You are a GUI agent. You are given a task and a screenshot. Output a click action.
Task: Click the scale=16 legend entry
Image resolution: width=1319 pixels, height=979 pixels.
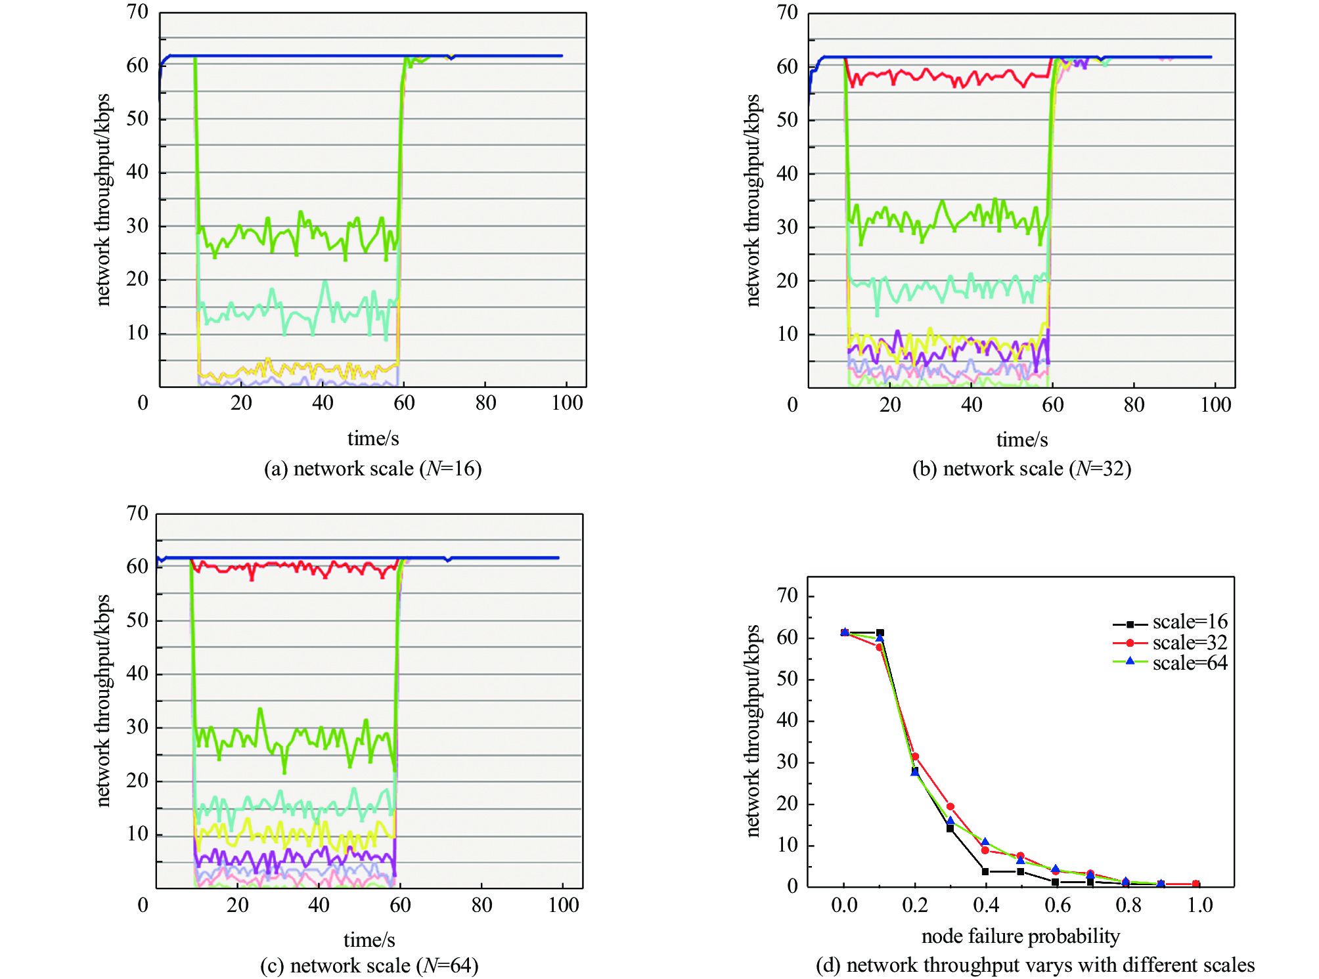[x=1170, y=622]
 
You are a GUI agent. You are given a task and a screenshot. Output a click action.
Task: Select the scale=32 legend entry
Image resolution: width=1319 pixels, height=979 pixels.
[x=1170, y=642]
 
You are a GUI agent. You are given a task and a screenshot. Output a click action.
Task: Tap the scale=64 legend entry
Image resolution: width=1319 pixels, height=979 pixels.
[x=1170, y=663]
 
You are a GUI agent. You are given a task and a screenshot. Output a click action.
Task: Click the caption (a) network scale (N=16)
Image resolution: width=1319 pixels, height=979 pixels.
[x=372, y=469]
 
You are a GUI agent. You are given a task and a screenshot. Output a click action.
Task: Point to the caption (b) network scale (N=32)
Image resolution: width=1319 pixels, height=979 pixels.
[x=1021, y=469]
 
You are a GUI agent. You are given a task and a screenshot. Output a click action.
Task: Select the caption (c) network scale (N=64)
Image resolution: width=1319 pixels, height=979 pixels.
[x=369, y=965]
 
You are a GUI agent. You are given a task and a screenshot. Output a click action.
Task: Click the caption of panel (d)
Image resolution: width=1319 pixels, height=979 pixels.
[x=1035, y=965]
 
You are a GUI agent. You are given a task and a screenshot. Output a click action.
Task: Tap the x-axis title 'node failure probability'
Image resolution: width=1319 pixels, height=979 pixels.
[x=1020, y=936]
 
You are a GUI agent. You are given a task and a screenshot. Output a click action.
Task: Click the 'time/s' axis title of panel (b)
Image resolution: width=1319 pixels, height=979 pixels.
[x=1021, y=439]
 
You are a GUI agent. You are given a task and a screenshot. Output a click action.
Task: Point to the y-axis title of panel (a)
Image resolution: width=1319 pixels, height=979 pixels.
[x=102, y=200]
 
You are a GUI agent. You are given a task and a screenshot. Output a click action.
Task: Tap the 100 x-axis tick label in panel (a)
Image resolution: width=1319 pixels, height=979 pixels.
[x=567, y=402]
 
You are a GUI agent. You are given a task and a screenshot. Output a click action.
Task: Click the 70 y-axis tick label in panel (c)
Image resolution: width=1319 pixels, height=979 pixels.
[x=137, y=513]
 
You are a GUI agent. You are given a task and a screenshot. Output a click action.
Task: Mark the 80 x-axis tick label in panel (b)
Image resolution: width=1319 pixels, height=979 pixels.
[x=1134, y=404]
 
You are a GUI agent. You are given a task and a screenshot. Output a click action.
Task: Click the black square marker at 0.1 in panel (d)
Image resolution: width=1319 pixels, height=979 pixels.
[x=880, y=633]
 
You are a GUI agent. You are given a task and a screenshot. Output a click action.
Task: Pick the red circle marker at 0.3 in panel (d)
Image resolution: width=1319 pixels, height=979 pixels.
[x=950, y=806]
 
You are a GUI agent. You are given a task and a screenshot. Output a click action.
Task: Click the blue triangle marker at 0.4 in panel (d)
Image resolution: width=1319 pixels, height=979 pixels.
[x=985, y=842]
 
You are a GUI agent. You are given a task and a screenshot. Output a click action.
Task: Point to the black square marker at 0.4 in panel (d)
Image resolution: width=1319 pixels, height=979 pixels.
[x=985, y=871]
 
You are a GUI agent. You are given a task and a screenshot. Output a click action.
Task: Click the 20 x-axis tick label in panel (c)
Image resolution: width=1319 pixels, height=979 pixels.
[x=237, y=905]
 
